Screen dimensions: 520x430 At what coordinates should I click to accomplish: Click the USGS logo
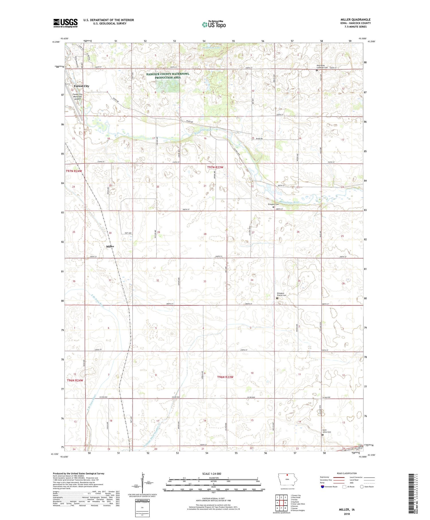pyautogui.click(x=65, y=23)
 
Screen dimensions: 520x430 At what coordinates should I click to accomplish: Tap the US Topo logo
pyautogui.click(x=214, y=25)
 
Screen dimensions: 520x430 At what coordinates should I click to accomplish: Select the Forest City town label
pyautogui.click(x=81, y=86)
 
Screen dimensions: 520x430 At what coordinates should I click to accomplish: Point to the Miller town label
pyautogui.click(x=110, y=246)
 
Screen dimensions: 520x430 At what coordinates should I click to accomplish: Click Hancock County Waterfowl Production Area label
pyautogui.click(x=167, y=76)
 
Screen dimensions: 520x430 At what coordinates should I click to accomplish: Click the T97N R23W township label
pyautogui.click(x=215, y=167)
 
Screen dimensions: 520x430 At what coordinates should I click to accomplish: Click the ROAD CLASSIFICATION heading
pyautogui.click(x=347, y=473)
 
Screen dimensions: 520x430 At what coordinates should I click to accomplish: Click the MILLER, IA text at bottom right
pyautogui.click(x=347, y=510)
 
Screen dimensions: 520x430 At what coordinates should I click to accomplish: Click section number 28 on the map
pyautogui.click(x=205, y=234)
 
